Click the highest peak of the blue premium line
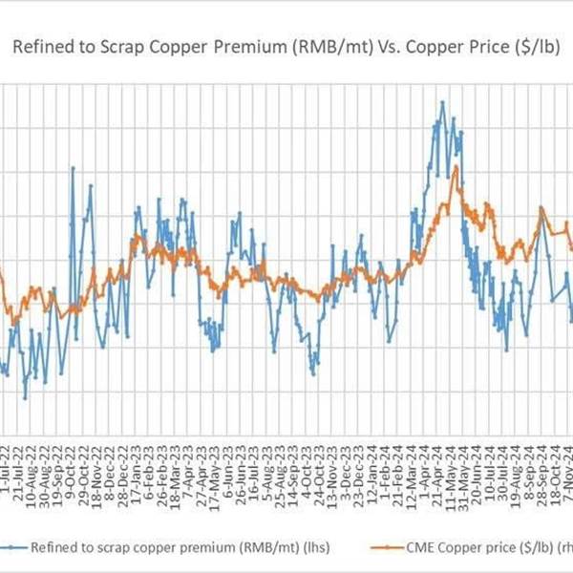coord(441,102)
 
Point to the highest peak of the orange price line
coord(456,167)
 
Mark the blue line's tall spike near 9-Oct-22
coord(73,168)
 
